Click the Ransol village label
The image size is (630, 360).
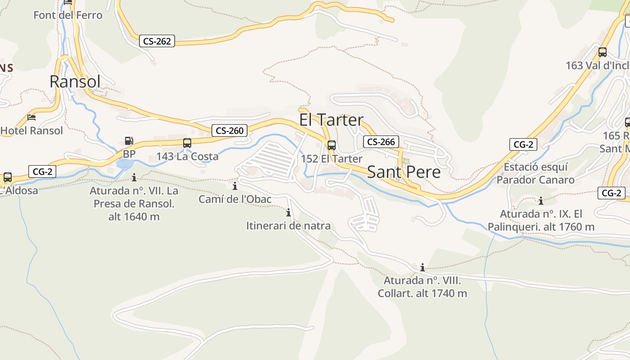pos(75,81)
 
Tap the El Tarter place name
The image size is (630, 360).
pos(331,120)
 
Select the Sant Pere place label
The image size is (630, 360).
pos(404,172)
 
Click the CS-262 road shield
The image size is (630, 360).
pos(157,41)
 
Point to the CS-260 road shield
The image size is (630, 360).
pos(229,130)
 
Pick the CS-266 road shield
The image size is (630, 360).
pos(381,142)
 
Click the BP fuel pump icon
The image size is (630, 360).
pos(129,141)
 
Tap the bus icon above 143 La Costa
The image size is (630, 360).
pos(187,143)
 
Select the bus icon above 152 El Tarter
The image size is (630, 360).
pos(332,145)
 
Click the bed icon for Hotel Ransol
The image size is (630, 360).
pos(31,117)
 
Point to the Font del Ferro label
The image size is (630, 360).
pos(68,15)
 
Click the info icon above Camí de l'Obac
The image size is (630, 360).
pos(234,186)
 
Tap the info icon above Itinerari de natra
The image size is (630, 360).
pos(288,212)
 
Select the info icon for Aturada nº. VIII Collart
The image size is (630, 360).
pos(422,268)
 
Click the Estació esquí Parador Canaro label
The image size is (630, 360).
pos(535,173)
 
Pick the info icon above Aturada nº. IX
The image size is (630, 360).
pos(541,201)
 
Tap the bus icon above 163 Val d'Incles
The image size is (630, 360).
pos(603,52)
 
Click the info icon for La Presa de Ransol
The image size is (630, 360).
pos(134,177)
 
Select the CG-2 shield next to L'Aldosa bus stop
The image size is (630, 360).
pos(42,171)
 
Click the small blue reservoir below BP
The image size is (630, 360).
pos(125,163)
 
